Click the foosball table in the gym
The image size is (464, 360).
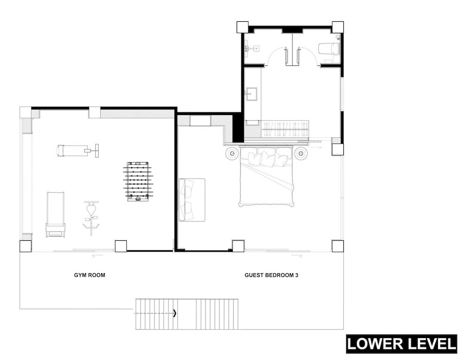(x=138, y=182)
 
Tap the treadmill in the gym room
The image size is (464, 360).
(x=55, y=214)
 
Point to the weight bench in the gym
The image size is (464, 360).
(x=77, y=150)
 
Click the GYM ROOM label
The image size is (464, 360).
(x=90, y=275)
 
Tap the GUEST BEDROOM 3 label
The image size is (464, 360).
(x=271, y=275)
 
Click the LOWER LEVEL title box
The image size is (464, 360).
(x=401, y=344)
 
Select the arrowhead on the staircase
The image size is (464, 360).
(x=174, y=313)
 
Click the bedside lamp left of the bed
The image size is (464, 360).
(x=232, y=154)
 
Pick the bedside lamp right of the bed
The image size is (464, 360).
(x=301, y=154)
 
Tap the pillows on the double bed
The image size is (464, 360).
(x=267, y=158)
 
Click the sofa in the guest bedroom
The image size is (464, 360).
(x=192, y=199)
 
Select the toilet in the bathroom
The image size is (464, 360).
(x=329, y=49)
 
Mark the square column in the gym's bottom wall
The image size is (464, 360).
(x=121, y=246)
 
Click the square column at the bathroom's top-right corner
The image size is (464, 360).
(x=338, y=27)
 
